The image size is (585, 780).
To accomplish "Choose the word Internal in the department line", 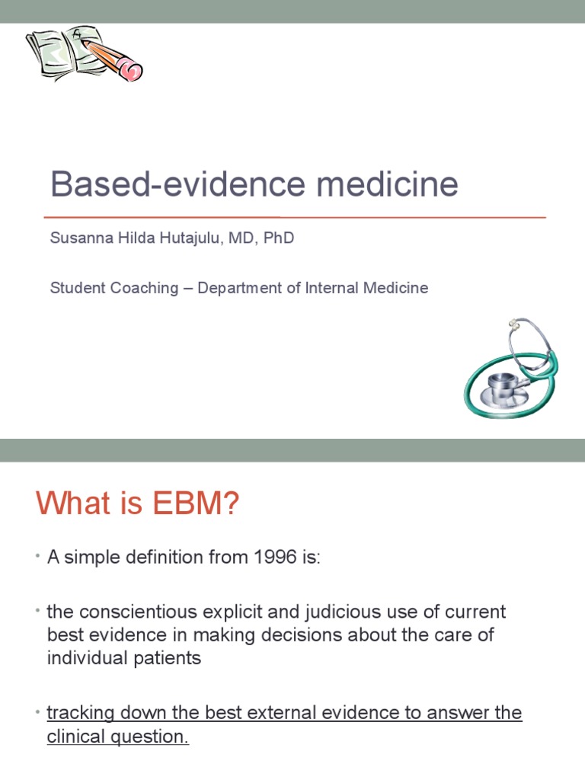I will point(340,288).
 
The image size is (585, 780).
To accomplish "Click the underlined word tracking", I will point(81,714).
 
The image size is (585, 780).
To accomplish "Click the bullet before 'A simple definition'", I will point(37,558).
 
